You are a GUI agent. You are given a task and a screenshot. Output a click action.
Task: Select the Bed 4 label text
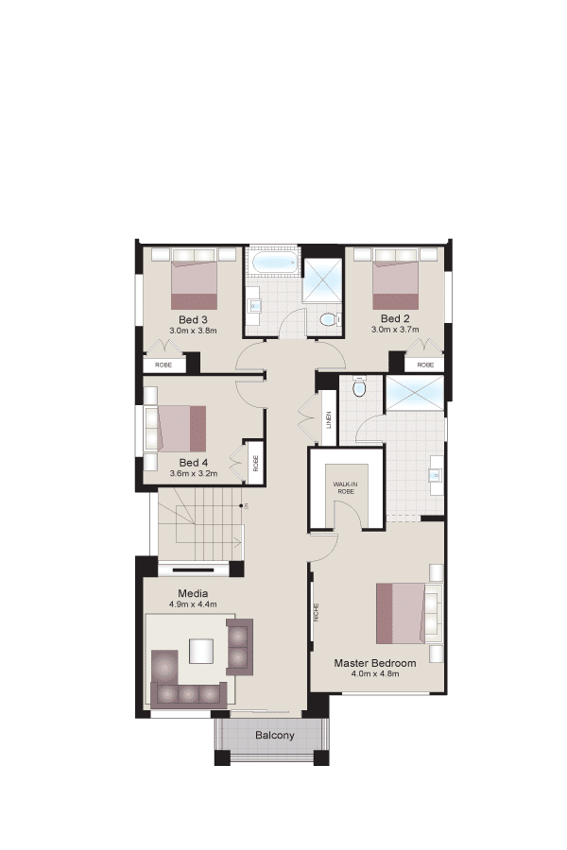click(193, 463)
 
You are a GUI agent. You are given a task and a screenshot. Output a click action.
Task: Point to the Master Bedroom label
click(375, 663)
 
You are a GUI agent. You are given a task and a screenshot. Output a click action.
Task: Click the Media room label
click(193, 594)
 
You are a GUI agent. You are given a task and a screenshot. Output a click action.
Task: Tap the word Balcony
click(275, 736)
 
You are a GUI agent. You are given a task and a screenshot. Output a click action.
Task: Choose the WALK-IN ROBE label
click(346, 487)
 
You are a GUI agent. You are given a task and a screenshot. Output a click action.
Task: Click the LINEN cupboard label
click(329, 419)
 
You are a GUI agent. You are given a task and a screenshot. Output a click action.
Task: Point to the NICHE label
click(317, 613)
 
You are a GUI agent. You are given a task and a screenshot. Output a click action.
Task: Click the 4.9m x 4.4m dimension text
click(193, 604)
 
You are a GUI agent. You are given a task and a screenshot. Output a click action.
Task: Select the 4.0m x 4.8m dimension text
click(375, 673)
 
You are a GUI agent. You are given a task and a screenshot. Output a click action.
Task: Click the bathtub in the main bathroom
click(275, 264)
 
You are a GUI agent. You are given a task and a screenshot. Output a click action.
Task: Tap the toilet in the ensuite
click(359, 387)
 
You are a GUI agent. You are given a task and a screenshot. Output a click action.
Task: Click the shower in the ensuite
click(414, 393)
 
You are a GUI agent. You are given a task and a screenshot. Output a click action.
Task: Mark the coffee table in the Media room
click(200, 652)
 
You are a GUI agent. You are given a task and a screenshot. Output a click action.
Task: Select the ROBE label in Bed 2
click(425, 365)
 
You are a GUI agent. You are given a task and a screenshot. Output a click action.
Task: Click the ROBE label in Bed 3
click(163, 365)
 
